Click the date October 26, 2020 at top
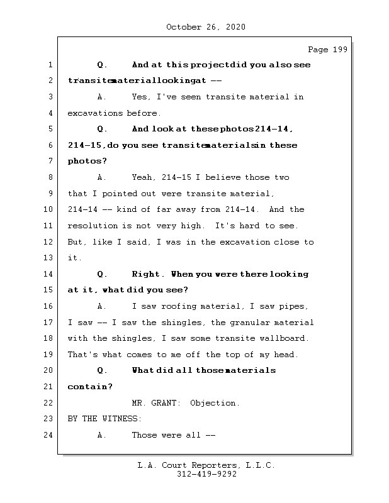(x=206, y=27)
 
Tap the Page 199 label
(x=327, y=50)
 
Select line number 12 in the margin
(x=50, y=242)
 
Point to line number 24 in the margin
(x=50, y=435)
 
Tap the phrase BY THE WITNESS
(x=104, y=419)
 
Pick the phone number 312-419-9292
(x=206, y=475)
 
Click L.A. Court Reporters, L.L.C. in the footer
(x=206, y=466)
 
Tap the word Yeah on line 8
(x=144, y=177)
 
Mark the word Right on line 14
(x=148, y=274)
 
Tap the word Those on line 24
(x=145, y=435)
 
